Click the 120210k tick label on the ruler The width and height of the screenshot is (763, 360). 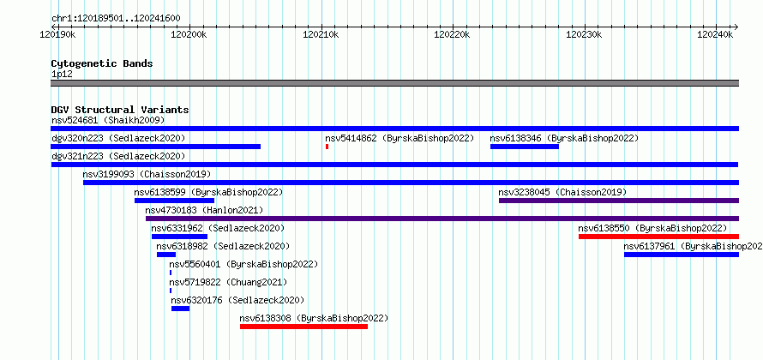click(x=321, y=34)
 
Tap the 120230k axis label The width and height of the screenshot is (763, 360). click(x=585, y=34)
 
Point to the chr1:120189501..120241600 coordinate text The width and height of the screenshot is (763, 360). click(x=116, y=19)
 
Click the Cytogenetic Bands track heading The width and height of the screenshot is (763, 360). click(x=102, y=63)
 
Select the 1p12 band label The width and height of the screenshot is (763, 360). click(x=62, y=75)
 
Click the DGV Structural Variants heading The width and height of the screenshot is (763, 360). click(x=120, y=110)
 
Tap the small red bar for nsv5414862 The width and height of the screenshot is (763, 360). click(x=327, y=147)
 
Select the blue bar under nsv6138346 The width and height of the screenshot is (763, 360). click(x=525, y=147)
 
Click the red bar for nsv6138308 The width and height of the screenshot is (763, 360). click(x=303, y=327)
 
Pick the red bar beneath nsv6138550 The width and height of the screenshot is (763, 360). click(x=659, y=237)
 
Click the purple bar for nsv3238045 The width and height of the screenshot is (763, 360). click(x=619, y=201)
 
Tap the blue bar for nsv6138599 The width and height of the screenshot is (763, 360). click(x=174, y=201)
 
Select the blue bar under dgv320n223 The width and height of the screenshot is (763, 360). click(x=156, y=147)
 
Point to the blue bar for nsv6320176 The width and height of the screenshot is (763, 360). click(x=181, y=309)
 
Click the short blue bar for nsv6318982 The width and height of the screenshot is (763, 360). click(x=166, y=255)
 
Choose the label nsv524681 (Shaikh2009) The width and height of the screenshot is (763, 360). click(x=108, y=120)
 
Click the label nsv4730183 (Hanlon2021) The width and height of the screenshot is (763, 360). click(x=204, y=210)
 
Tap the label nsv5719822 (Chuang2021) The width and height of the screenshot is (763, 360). click(x=228, y=282)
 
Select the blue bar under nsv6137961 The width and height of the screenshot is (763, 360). click(x=682, y=255)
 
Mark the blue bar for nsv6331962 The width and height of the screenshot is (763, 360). click(x=179, y=237)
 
